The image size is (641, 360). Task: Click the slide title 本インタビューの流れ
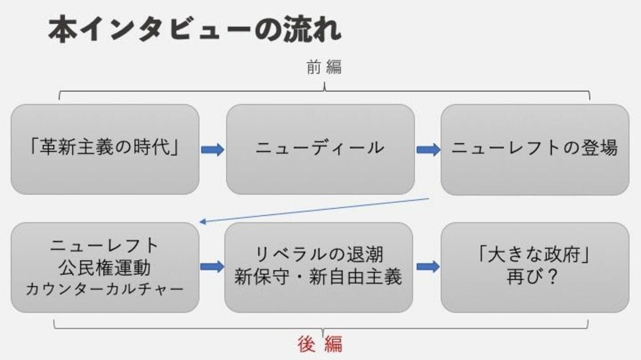(195, 30)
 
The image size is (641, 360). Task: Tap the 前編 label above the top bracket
(324, 67)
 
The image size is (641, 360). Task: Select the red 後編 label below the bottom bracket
(320, 344)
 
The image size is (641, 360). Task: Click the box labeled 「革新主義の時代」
(105, 149)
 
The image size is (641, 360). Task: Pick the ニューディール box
(320, 149)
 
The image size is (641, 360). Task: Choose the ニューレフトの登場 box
(535, 149)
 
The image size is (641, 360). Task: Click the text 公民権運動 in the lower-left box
(105, 268)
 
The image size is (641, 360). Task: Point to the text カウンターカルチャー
(105, 290)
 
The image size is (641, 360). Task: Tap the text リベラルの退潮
(319, 255)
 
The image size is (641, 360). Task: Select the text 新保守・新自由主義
(318, 277)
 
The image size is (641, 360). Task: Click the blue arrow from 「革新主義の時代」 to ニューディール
(213, 150)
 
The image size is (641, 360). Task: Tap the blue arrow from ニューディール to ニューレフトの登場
(428, 150)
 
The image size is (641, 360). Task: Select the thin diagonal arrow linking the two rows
(314, 210)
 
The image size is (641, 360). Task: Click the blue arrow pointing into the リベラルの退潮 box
(212, 266)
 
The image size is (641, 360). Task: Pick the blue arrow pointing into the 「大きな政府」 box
(428, 266)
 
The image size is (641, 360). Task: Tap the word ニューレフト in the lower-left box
(105, 246)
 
